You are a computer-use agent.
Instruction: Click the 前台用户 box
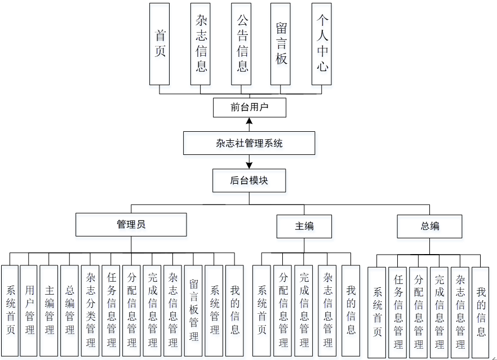click(250, 108)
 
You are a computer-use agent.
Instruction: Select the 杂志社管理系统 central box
click(249, 143)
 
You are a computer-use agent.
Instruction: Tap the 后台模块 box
click(249, 181)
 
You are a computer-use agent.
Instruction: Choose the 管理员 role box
click(131, 224)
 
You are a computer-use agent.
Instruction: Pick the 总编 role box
click(429, 226)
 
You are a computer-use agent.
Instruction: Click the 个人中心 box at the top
click(322, 44)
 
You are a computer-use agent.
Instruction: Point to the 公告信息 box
click(241, 44)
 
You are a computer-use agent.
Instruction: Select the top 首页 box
click(160, 44)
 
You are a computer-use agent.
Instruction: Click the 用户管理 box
click(29, 310)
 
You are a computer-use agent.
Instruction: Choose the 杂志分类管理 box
click(90, 310)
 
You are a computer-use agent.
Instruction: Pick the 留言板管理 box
click(193, 310)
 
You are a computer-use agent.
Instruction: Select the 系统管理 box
click(214, 310)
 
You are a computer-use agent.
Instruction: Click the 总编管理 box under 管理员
click(69, 310)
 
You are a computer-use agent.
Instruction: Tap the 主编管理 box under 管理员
click(49, 310)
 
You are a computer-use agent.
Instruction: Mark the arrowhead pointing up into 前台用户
click(249, 121)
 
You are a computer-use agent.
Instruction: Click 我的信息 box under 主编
click(350, 310)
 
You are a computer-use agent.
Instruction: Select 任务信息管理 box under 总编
click(398, 311)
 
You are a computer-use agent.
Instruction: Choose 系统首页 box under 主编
click(261, 310)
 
